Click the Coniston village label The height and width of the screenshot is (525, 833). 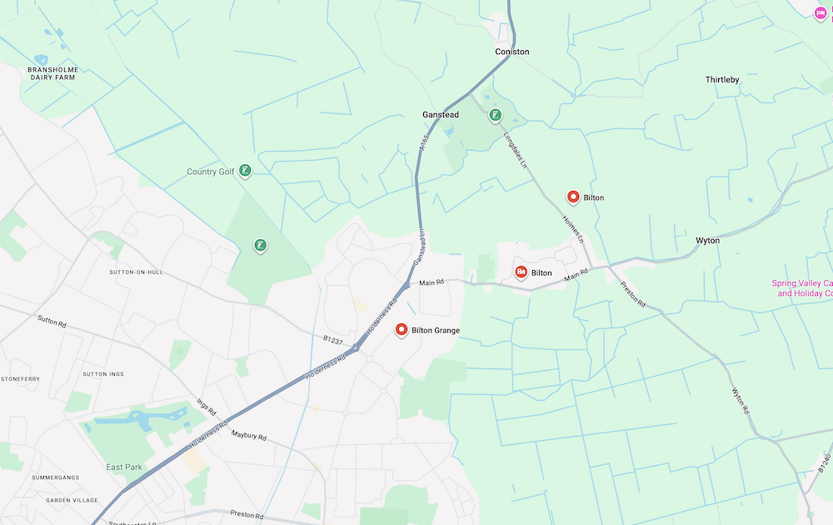[x=511, y=52]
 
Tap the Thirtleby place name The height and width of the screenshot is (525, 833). [x=722, y=80]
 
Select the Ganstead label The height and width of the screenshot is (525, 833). [x=441, y=115]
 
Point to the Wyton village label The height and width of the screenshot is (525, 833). [x=707, y=241]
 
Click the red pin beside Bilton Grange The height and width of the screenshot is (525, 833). [x=402, y=330]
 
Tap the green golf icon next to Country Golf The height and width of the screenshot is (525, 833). [x=245, y=171]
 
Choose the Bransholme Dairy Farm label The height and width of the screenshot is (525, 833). [x=52, y=73]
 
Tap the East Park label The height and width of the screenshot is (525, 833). [x=124, y=467]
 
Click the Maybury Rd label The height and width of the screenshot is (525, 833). [x=249, y=436]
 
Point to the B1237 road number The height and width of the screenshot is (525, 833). [x=333, y=339]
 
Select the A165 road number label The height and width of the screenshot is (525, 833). [x=425, y=143]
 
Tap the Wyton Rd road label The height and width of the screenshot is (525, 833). [x=741, y=402]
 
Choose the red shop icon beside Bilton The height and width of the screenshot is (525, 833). [x=521, y=272]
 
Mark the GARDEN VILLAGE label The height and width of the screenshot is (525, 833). [x=72, y=500]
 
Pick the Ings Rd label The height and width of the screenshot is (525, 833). [x=207, y=406]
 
